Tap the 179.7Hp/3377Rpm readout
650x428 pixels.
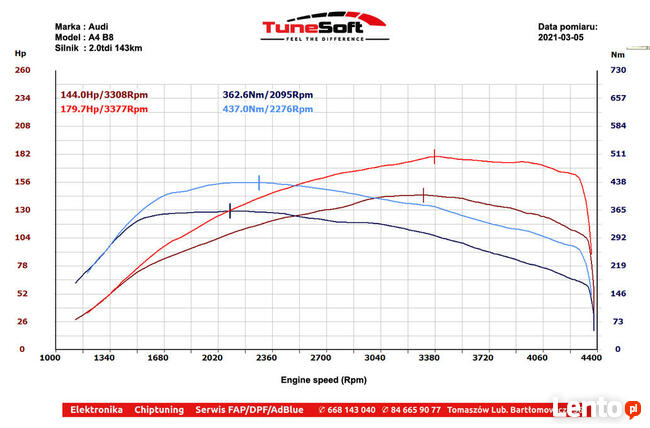104,108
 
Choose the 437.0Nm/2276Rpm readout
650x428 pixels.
267,108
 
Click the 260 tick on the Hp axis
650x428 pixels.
21,70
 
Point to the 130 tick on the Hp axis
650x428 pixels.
21,210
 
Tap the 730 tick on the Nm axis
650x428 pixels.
618,70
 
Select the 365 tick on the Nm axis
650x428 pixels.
618,210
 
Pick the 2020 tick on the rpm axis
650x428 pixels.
212,357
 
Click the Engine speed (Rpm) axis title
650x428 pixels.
323,380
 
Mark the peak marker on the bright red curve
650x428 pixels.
434,156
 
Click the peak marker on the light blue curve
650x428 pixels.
259,182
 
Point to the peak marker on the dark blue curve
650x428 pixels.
230,210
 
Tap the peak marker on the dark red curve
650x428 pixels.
423,195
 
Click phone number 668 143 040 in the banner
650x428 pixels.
346,410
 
